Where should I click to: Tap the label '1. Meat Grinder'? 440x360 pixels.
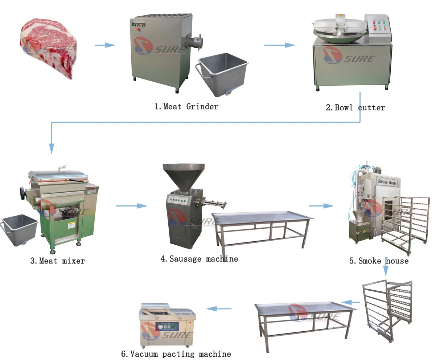pos(186,107)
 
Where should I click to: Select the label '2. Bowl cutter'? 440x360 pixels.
pos(355,107)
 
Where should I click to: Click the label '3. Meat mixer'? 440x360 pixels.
pos(58,261)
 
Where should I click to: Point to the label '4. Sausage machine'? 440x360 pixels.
pos(199,259)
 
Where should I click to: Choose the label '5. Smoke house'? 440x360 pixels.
pos(379,261)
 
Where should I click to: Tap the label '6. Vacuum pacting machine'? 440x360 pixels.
pos(176,354)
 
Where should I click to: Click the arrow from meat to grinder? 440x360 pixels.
pos(105,45)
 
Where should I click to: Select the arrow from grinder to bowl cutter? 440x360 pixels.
pos(279,45)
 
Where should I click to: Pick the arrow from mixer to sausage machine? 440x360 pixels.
pos(132,206)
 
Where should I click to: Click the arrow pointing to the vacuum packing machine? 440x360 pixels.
pos(219,309)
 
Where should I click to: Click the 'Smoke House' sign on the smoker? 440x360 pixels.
pos(387,182)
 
